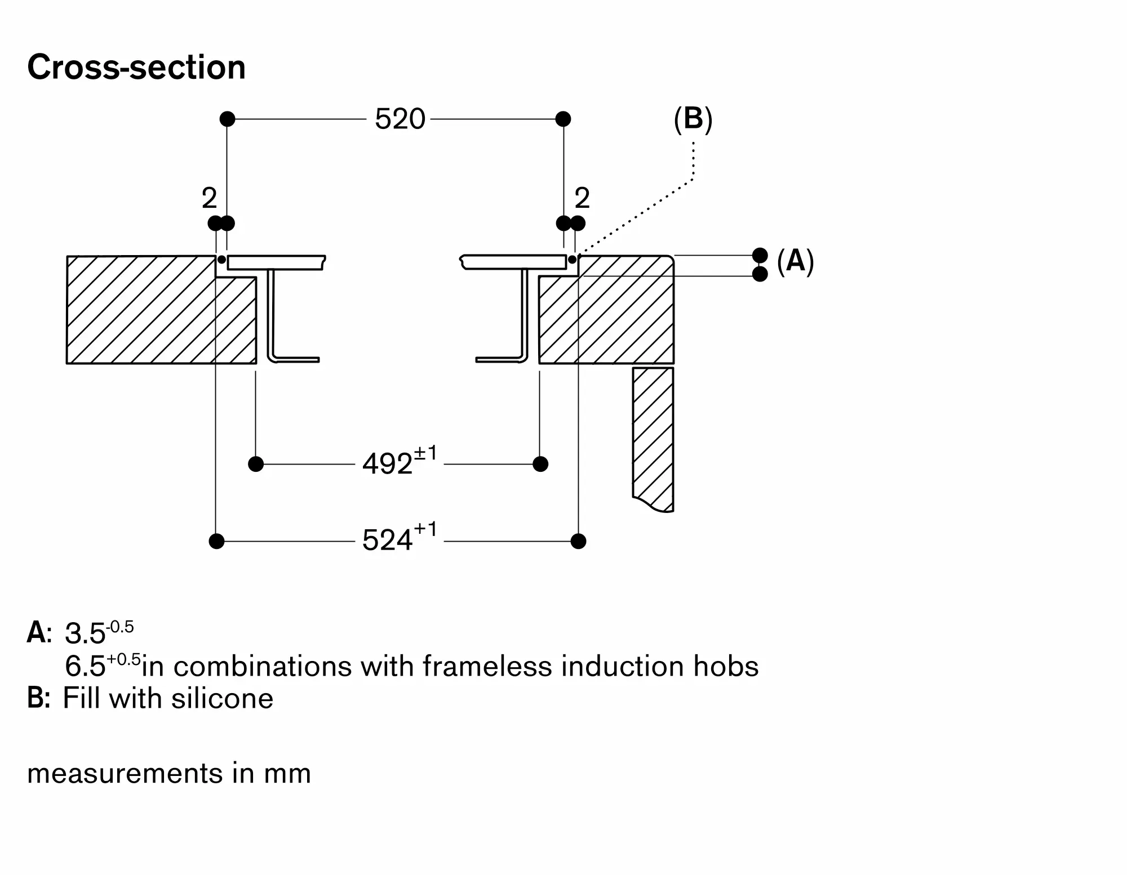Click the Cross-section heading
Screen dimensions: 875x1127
click(136, 68)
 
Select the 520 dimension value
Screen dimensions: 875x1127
click(400, 119)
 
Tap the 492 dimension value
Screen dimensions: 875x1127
click(388, 465)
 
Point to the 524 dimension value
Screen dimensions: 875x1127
click(388, 541)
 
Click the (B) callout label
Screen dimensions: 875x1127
click(693, 119)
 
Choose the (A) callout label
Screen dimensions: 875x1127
click(795, 261)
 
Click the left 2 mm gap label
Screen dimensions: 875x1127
click(209, 198)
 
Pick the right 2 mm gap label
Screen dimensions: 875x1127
click(582, 198)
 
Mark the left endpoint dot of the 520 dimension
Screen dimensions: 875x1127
click(227, 119)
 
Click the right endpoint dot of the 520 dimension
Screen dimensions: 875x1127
click(563, 119)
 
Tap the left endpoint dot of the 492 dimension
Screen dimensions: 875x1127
click(256, 464)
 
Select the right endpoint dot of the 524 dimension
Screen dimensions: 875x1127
click(578, 541)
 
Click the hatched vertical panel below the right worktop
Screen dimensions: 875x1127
click(653, 434)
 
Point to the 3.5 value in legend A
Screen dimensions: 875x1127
click(85, 634)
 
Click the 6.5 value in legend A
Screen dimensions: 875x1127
click(85, 667)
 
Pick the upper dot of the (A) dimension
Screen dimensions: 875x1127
click(760, 255)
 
